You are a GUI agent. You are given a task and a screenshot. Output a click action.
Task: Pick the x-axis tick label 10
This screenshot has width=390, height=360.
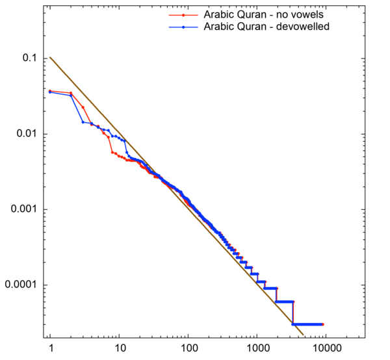[119, 350]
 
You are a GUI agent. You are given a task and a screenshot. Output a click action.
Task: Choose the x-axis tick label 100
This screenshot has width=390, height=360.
[188, 350]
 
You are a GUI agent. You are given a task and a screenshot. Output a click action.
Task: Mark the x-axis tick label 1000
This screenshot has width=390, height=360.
[257, 350]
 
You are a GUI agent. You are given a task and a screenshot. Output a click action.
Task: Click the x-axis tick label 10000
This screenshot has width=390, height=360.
[326, 350]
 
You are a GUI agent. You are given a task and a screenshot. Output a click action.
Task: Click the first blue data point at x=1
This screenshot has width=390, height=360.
[50, 92]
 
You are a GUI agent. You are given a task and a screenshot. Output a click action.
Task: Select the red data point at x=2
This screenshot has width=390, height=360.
[71, 93]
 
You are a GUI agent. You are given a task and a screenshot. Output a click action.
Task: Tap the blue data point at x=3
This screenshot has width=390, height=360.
[83, 122]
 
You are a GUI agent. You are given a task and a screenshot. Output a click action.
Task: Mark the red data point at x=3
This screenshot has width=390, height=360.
[83, 107]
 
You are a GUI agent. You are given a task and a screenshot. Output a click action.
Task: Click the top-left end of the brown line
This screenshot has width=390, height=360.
[50, 57]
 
